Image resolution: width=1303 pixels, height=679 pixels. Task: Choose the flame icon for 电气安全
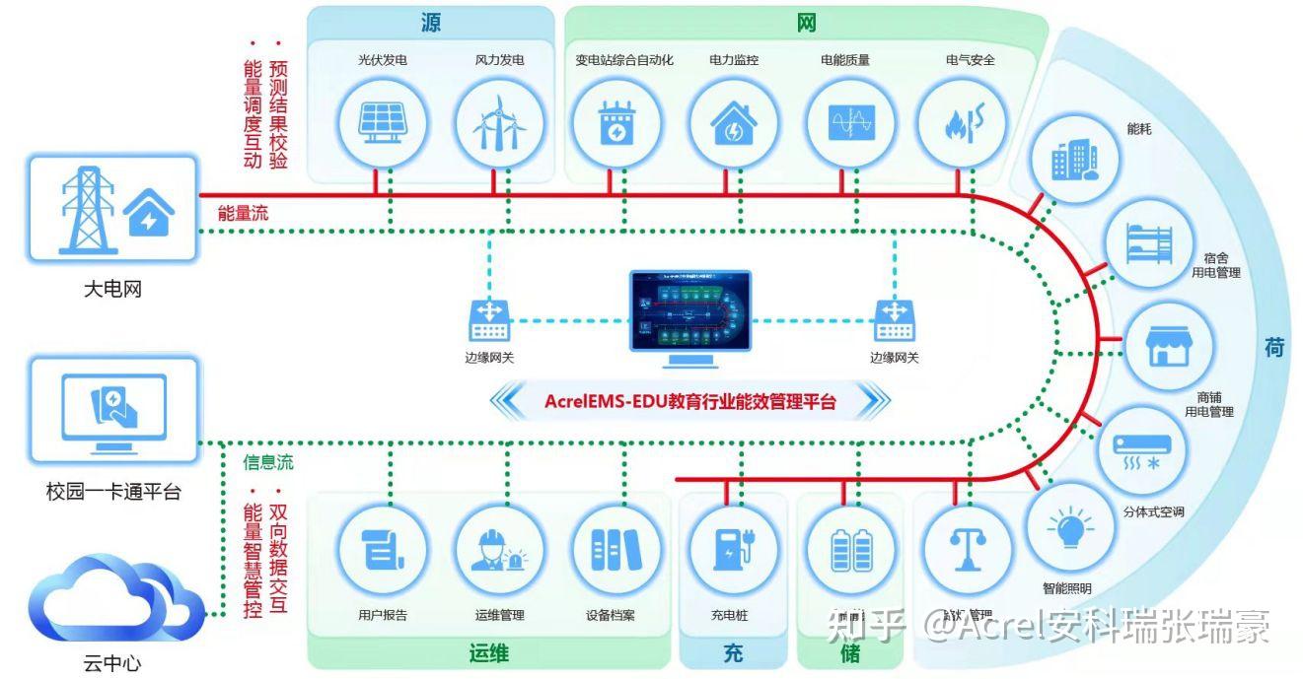tap(961, 124)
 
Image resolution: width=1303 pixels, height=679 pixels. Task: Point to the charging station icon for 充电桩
tap(732, 549)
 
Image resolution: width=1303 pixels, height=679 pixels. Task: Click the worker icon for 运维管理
tap(497, 549)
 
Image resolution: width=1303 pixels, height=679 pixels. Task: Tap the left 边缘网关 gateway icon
tap(489, 321)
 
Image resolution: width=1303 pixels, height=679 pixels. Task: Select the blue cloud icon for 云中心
tap(114, 601)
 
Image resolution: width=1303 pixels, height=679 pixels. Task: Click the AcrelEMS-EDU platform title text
tap(689, 401)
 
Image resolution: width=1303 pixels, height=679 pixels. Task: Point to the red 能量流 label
tap(243, 213)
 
